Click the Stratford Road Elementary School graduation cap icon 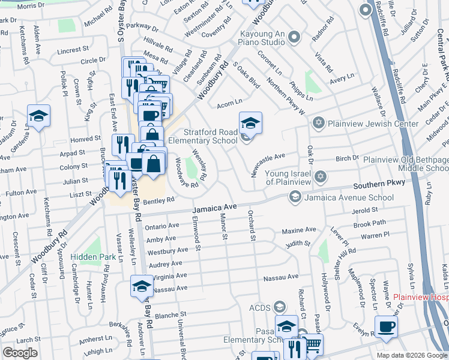pos(251,124)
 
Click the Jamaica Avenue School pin pos(295,196)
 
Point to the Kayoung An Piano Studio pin pos(294,38)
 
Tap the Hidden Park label pos(92,256)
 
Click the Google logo pos(20,353)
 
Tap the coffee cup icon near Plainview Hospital pos(385,327)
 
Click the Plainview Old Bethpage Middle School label pos(406,164)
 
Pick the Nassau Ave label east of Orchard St pos(280,277)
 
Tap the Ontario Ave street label pos(162,226)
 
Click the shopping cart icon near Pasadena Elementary pos(312,344)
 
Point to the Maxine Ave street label pos(298,230)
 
